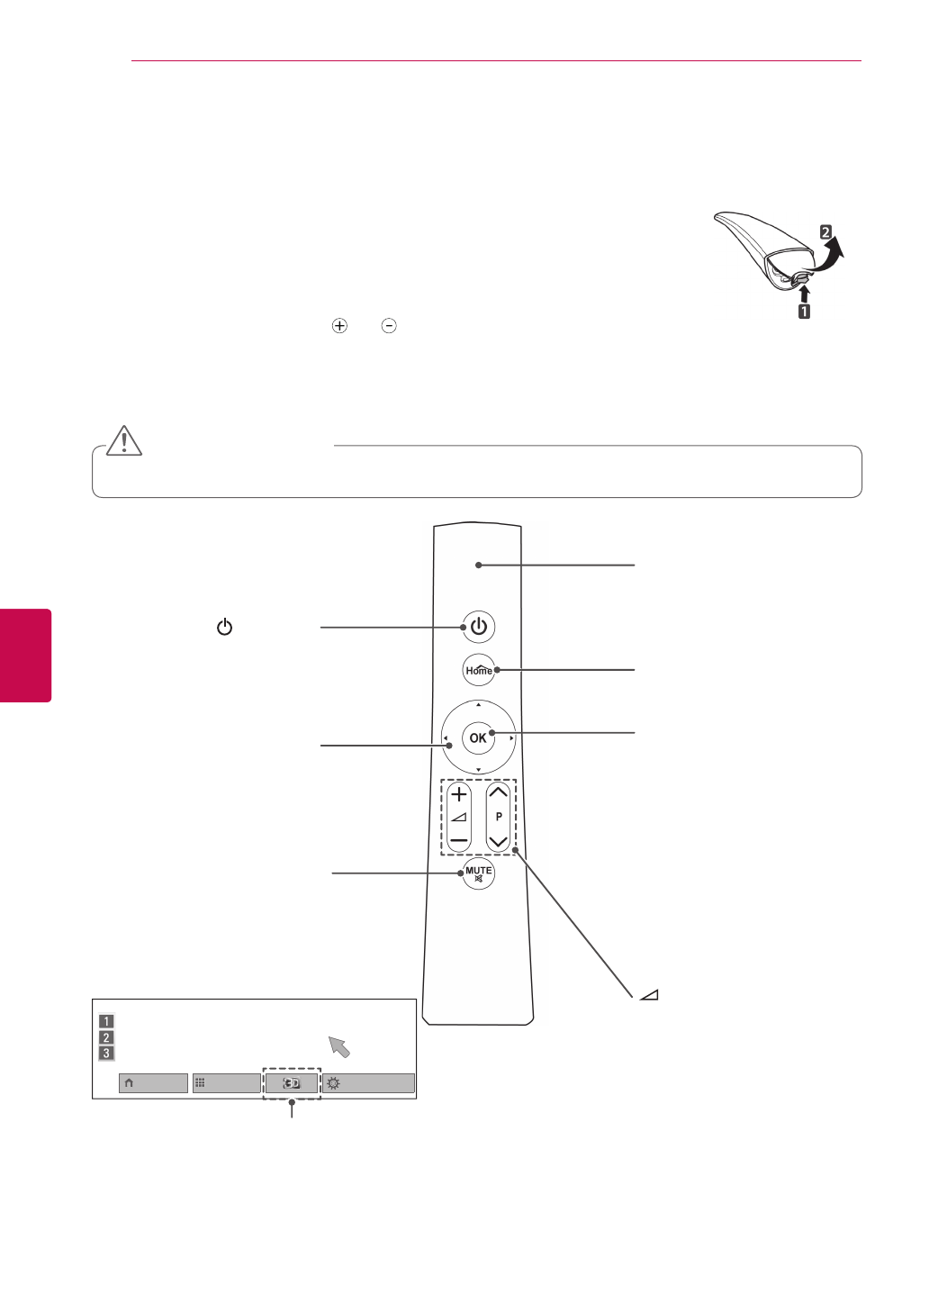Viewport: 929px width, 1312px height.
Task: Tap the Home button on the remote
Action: [x=479, y=670]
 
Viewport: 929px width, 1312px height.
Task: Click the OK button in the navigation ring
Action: [x=478, y=737]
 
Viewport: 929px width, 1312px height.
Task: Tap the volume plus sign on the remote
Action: [x=459, y=794]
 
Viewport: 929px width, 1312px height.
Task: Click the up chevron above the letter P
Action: [x=498, y=793]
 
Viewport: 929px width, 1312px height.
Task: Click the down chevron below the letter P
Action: [x=498, y=841]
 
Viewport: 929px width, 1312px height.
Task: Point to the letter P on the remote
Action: [x=499, y=817]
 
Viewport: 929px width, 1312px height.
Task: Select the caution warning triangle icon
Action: [x=124, y=441]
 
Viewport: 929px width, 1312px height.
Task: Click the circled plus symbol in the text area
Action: [x=339, y=326]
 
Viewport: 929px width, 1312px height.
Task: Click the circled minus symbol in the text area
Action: [x=389, y=326]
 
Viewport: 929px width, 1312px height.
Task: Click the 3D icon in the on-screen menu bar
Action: [x=292, y=1083]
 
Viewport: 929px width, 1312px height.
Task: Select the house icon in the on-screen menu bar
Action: [x=129, y=1083]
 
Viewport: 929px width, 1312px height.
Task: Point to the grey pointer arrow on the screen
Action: [x=339, y=1045]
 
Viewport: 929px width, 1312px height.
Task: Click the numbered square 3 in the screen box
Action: [x=106, y=1054]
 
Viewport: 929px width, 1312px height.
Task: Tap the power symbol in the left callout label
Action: [x=224, y=628]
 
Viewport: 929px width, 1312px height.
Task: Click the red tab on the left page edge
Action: [x=25, y=655]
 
